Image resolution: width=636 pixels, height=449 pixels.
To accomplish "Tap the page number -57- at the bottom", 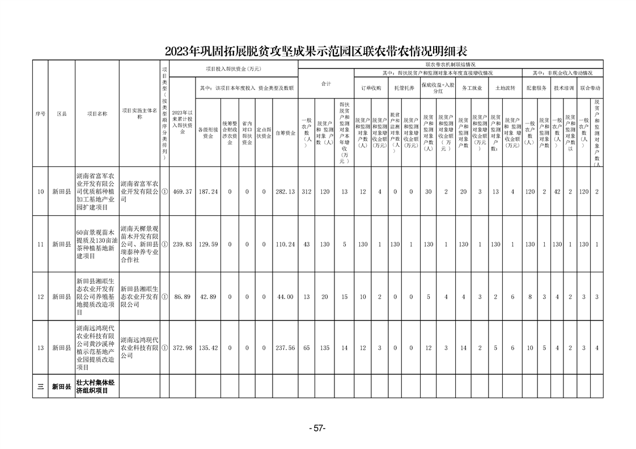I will (x=317, y=429).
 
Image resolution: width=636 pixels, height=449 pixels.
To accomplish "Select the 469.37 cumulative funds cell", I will (x=183, y=192).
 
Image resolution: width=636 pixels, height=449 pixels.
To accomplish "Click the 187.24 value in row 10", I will (x=209, y=192).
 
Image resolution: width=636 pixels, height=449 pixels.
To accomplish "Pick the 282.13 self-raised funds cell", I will (x=285, y=192).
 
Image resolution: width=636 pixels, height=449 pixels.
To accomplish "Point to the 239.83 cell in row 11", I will (x=183, y=245).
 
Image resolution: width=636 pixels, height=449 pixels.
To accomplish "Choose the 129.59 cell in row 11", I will (x=209, y=245).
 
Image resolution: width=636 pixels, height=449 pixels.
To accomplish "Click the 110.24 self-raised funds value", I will (x=285, y=245).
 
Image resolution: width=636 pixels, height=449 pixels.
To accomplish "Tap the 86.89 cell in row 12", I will (x=183, y=297).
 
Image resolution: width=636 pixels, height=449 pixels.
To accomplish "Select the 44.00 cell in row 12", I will (x=285, y=297).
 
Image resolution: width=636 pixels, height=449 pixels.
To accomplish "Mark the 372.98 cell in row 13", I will (x=183, y=348).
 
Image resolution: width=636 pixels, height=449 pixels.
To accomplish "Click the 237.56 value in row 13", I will (x=285, y=348).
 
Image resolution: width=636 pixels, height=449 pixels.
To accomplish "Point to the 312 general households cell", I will (x=307, y=192).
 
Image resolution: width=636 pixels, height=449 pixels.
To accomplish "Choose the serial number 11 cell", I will (x=40, y=245).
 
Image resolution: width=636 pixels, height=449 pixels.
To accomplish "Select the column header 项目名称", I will (x=97, y=113).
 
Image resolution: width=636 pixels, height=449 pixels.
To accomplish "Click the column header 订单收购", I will (x=371, y=88).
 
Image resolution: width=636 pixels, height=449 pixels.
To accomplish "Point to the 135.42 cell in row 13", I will (x=209, y=348).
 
